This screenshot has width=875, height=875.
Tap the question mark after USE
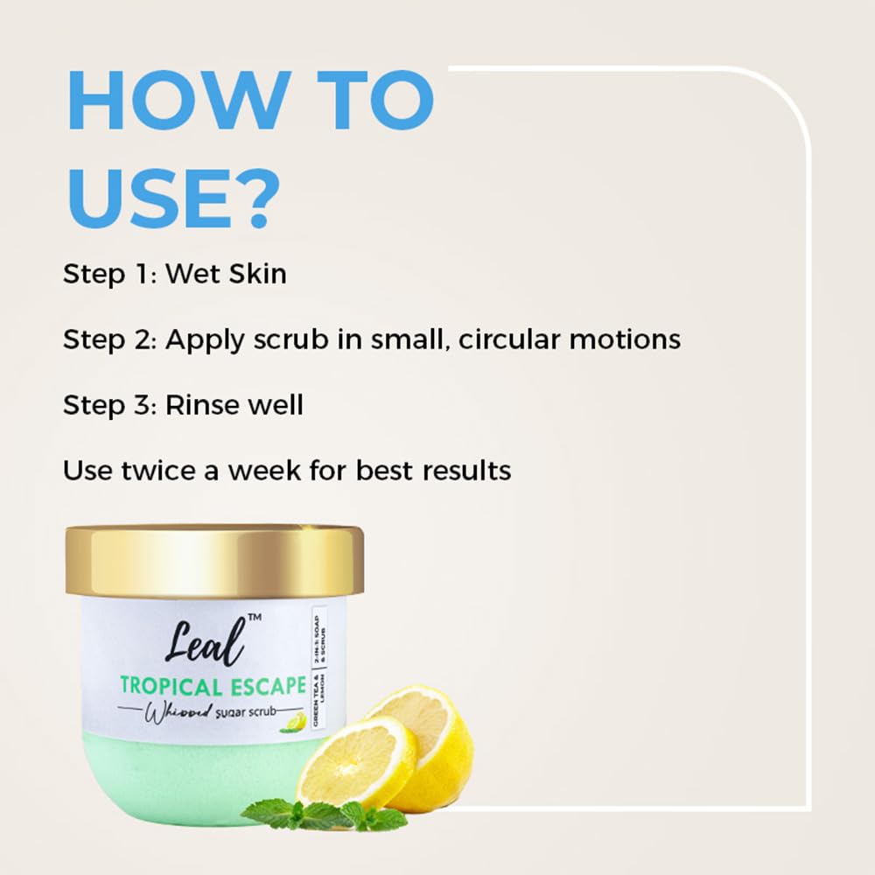[253, 199]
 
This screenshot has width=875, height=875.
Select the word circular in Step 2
[498, 339]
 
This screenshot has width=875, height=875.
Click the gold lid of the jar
[213, 561]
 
